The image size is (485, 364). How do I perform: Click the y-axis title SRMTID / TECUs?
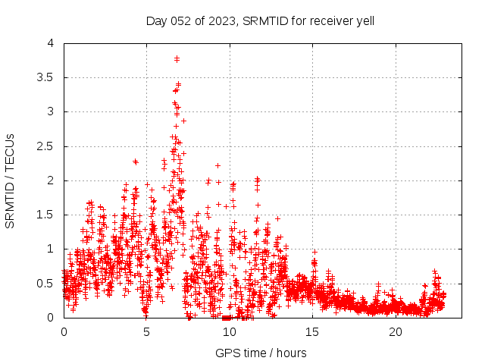click(10, 180)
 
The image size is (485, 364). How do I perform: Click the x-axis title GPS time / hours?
click(261, 353)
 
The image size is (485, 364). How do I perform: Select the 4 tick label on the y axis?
click(51, 43)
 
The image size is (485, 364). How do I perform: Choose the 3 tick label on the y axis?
click(51, 111)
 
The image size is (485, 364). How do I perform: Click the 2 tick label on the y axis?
click(51, 180)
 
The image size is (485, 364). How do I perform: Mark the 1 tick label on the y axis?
click(51, 249)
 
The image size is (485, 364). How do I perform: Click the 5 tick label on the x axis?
click(146, 331)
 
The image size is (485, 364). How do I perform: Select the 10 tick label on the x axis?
click(230, 331)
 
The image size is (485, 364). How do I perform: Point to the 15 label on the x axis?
click(312, 331)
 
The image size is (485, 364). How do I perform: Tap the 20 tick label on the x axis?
click(396, 331)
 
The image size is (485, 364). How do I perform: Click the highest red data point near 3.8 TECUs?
click(177, 58)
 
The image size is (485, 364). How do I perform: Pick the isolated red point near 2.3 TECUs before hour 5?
click(136, 162)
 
